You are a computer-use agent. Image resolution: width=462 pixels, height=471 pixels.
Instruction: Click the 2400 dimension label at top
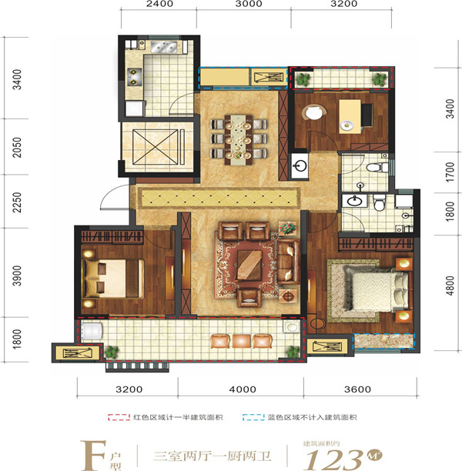click(159, 4)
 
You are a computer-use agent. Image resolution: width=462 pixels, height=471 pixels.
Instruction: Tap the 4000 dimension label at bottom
click(243, 389)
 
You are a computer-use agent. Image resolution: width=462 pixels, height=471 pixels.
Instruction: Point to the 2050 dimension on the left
click(17, 147)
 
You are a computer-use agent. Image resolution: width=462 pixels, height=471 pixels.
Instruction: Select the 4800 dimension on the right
click(450, 286)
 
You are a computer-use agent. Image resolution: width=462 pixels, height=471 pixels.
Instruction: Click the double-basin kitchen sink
click(163, 47)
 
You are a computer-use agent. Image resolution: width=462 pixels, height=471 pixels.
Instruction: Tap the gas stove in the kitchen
click(134, 77)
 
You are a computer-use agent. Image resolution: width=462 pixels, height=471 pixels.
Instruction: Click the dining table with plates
click(239, 139)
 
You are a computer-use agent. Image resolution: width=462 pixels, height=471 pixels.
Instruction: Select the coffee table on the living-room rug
click(249, 266)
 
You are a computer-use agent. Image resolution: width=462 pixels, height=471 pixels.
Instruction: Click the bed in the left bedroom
click(113, 279)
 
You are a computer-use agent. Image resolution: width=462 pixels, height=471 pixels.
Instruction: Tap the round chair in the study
click(314, 112)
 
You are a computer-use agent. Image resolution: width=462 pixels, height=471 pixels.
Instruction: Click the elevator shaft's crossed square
click(155, 147)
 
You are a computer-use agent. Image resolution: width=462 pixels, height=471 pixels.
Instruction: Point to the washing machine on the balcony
click(92, 332)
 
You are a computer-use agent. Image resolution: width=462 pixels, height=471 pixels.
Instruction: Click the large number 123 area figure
click(333, 459)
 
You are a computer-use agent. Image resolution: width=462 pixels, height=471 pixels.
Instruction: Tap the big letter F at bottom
click(93, 456)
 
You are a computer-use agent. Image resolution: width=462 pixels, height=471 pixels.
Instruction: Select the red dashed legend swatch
click(119, 417)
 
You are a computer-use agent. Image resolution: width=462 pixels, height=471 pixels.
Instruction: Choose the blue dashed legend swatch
click(253, 417)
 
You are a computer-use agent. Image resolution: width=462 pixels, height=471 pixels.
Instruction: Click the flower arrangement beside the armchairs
click(288, 229)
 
